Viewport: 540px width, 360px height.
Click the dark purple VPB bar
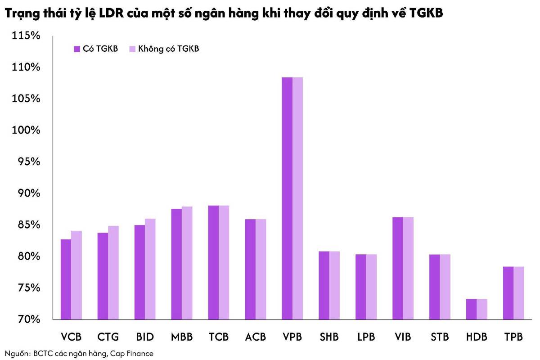click(287, 198)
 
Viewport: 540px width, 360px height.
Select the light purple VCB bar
click(76, 275)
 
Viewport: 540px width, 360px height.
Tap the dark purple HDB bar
click(472, 309)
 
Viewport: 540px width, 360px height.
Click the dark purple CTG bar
click(103, 276)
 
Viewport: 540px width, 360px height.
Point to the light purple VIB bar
click(408, 268)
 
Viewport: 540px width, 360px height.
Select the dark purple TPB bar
click(508, 293)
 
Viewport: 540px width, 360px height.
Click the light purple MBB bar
click(187, 263)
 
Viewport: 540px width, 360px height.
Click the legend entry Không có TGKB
click(165, 49)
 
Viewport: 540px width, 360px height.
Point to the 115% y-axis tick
click(26, 36)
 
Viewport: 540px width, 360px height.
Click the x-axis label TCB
click(219, 337)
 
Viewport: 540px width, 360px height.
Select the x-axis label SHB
click(329, 337)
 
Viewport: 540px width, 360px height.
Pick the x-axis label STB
click(440, 337)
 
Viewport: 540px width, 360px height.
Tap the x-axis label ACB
click(256, 337)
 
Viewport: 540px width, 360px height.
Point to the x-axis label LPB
click(365, 337)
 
